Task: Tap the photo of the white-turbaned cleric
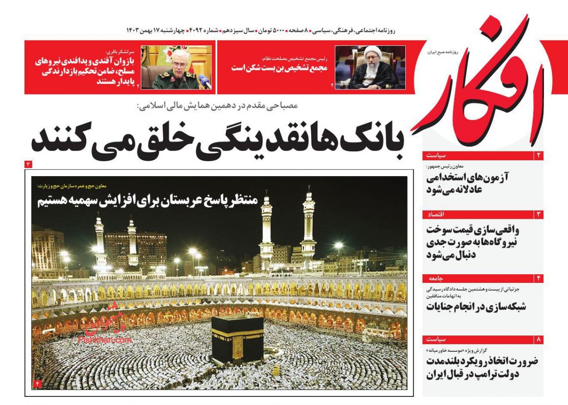tap(370, 67)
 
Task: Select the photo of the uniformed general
tap(176, 67)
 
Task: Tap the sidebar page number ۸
tap(539, 339)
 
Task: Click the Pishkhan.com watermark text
tap(105, 339)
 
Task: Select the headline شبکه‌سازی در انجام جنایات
tap(476, 306)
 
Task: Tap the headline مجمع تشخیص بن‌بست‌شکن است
tap(283, 68)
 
